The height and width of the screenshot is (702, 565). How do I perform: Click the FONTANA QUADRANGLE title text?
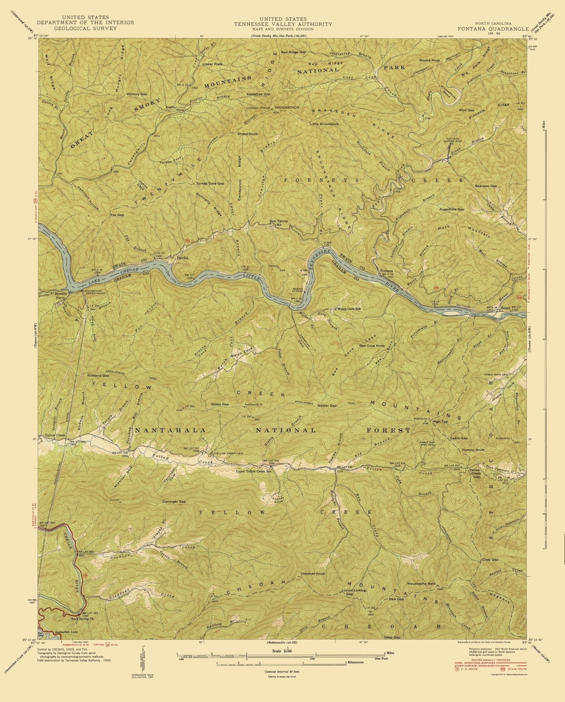(493, 28)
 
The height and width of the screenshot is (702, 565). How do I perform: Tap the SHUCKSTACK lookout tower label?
(287, 107)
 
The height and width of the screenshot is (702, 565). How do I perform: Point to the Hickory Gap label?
(137, 94)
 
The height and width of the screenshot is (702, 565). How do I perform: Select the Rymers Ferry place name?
(61, 295)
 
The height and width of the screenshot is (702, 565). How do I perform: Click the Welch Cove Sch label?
(349, 309)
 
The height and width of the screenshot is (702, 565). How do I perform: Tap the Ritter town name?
(505, 307)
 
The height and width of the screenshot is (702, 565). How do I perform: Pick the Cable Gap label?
(458, 438)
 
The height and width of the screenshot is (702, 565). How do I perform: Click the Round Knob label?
(429, 60)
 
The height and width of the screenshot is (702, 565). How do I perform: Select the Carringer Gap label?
(174, 501)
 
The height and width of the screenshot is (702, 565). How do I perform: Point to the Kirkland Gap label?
(98, 375)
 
